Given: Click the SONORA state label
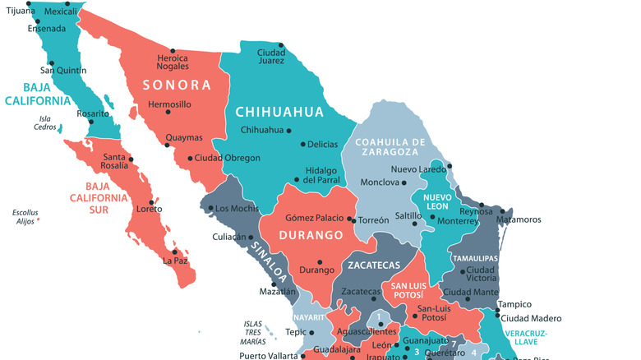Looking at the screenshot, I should (x=177, y=85).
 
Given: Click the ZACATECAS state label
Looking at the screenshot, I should (x=373, y=265).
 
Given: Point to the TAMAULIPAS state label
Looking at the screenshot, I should (x=476, y=258).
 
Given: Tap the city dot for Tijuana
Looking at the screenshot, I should (x=30, y=4).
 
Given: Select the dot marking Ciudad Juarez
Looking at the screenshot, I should (x=281, y=45).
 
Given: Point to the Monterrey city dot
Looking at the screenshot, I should (x=433, y=218).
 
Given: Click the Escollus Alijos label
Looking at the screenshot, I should (x=25, y=217).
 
